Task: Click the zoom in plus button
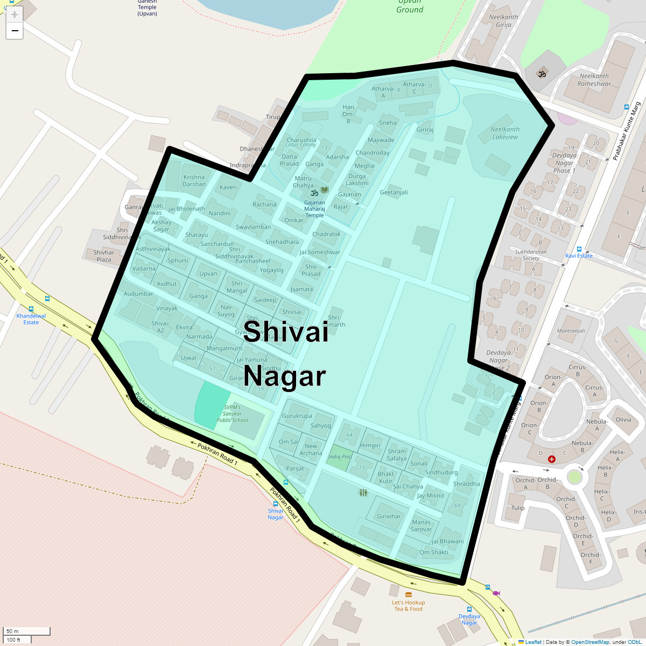coord(15,15)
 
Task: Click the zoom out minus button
coord(15,31)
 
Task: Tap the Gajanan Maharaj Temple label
coord(314,209)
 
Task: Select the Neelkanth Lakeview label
coord(505,133)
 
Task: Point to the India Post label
coord(340,457)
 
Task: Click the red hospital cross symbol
coord(552,459)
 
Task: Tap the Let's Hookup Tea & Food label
coord(408,606)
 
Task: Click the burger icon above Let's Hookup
coord(408,594)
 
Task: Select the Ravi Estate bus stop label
coord(579,256)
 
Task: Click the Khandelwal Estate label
coord(31,319)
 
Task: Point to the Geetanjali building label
coord(394,192)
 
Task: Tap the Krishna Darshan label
coord(194,180)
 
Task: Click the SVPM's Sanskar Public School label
coord(233,413)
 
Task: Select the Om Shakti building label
coord(433,552)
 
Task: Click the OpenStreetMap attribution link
coord(590,642)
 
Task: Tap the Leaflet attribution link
coord(533,642)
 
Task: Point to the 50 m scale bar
coord(27,631)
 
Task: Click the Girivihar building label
coord(389,516)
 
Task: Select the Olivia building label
coord(623,419)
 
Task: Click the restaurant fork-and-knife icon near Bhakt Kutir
coord(363,492)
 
